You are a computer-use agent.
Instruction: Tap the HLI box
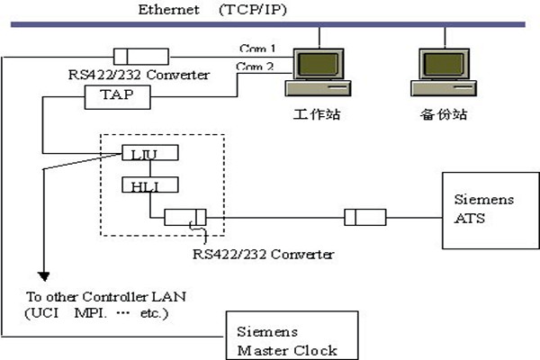(x=149, y=186)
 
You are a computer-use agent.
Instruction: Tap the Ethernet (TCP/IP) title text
(x=212, y=10)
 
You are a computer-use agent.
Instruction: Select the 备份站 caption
(x=444, y=116)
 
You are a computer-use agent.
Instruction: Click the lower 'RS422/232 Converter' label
(x=264, y=254)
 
